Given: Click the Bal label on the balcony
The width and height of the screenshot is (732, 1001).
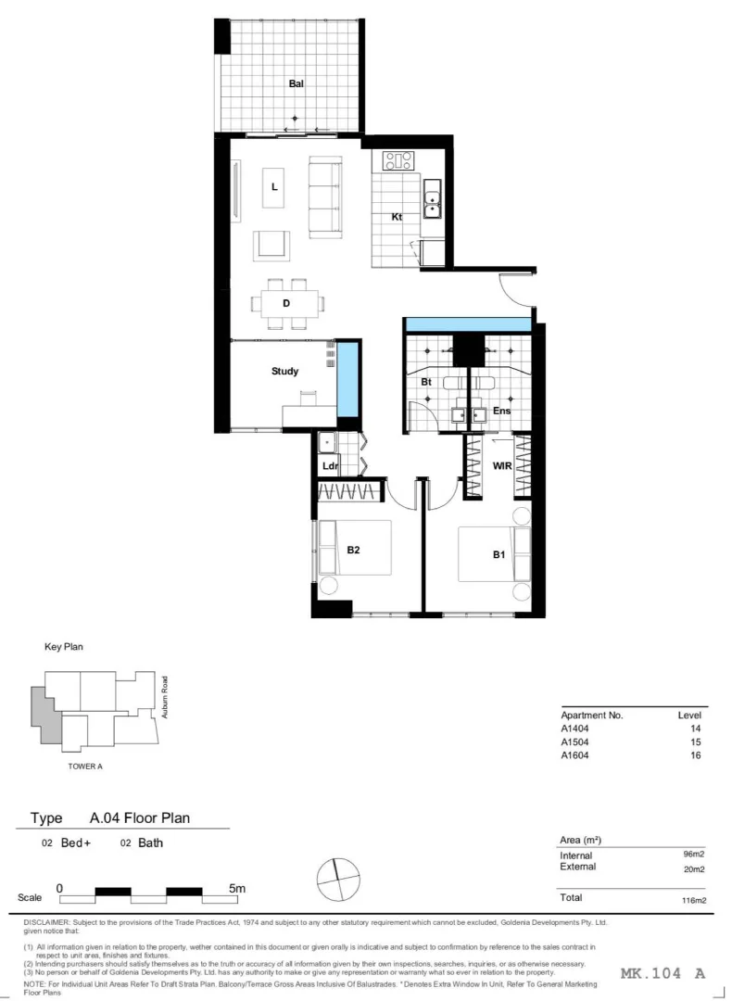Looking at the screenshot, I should coord(296,83).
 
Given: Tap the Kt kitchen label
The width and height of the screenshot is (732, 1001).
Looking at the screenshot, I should coord(396,218).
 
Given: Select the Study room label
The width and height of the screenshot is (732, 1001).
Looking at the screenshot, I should coord(284,371).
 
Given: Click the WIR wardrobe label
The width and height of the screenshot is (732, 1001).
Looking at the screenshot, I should coord(502,465).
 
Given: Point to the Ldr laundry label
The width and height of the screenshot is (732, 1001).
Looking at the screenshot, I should coord(329,465).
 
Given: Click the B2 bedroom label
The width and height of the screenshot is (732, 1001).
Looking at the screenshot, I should coord(353,550).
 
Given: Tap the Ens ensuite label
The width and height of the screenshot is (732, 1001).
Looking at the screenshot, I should coord(501,411).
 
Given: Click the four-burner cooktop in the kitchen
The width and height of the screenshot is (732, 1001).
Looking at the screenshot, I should coord(398,161).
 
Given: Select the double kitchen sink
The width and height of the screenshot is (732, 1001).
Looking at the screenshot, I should coord(433,198).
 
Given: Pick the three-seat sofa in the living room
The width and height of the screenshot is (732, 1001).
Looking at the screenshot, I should coord(324,194).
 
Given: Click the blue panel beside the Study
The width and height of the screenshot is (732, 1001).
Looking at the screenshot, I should coord(347,381).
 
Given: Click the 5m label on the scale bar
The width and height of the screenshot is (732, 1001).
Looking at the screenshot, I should coord(237,888).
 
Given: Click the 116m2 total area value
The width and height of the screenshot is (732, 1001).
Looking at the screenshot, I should coord(693,900).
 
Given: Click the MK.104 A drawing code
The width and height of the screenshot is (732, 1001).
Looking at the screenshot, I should coord(664,972).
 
